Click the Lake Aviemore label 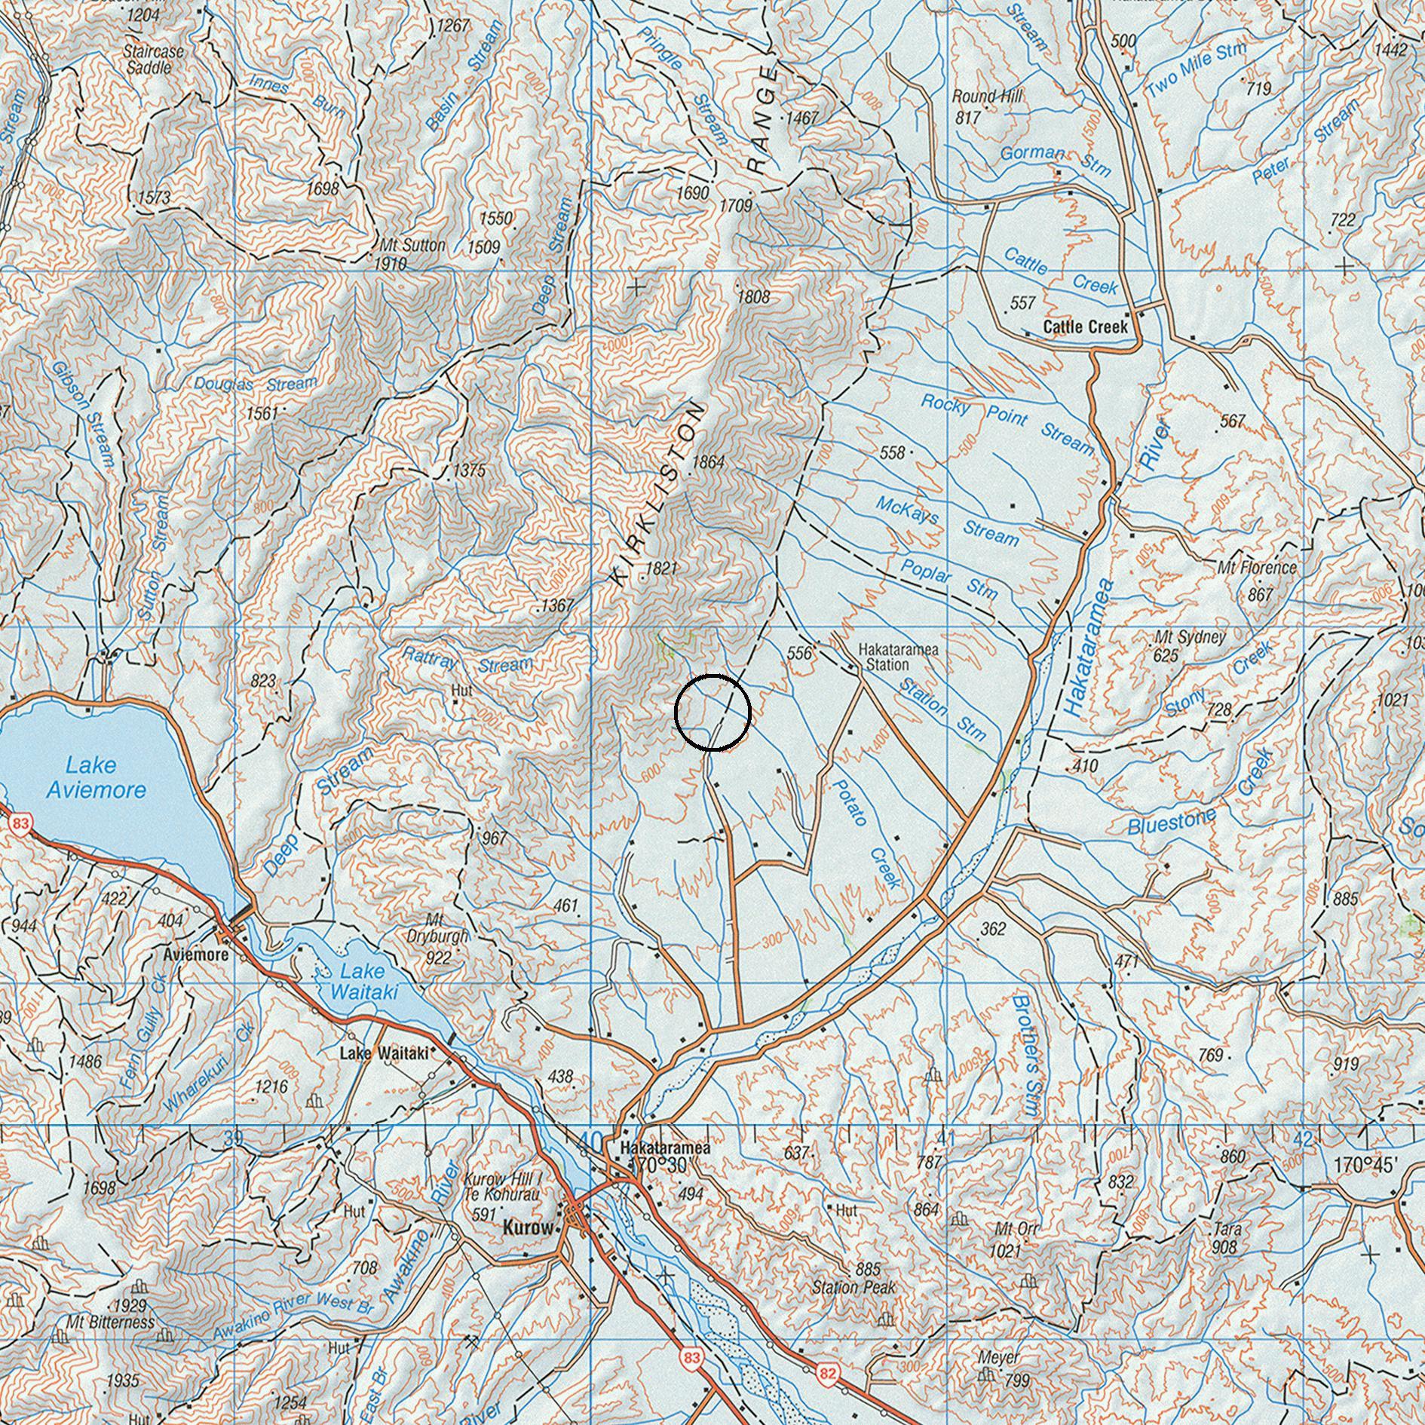95,777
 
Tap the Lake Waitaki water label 363,982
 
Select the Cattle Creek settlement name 1085,326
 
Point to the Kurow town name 527,1227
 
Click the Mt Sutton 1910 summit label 412,254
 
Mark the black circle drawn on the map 712,712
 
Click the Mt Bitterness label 110,1322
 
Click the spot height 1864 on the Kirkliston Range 708,462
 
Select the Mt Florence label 1257,568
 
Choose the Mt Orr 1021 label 1015,1239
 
